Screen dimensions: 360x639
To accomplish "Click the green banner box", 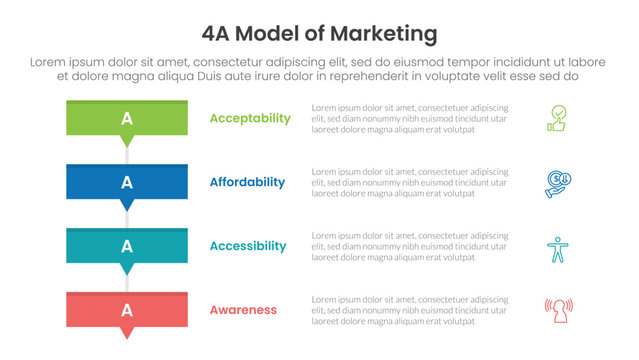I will (x=127, y=118).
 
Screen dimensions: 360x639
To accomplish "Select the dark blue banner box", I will (x=127, y=182).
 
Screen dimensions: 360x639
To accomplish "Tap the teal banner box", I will (x=127, y=245).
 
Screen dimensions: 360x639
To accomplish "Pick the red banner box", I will (x=127, y=309).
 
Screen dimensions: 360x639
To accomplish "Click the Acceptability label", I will (x=251, y=118).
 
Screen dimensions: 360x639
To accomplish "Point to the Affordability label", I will (x=247, y=182).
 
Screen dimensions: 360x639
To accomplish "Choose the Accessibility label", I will (x=248, y=246).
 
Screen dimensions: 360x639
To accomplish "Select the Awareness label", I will (x=243, y=310).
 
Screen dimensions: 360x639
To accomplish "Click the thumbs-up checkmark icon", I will (x=557, y=119).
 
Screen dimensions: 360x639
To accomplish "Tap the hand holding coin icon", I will (x=557, y=182).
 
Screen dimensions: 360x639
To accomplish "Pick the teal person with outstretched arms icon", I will (x=557, y=247).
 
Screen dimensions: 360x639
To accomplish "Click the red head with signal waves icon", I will (x=557, y=310).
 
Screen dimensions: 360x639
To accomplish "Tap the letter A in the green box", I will (x=127, y=119).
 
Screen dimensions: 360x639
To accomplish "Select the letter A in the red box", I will (x=127, y=310).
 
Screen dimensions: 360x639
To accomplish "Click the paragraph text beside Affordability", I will (x=409, y=182).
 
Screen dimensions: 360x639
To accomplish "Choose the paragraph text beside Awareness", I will (x=409, y=310).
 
